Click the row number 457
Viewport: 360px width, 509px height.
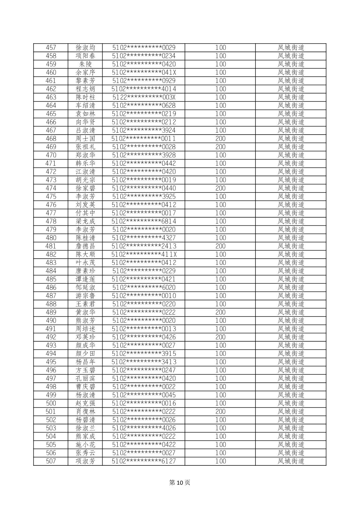click(x=51, y=48)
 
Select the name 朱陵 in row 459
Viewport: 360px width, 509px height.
click(x=85, y=64)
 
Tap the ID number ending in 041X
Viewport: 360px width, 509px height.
click(x=144, y=72)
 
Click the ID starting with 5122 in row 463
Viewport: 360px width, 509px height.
click(x=144, y=97)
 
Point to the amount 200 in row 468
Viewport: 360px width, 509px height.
click(x=220, y=139)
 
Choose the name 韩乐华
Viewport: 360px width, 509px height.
click(x=85, y=163)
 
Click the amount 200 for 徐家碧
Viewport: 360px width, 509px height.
click(x=220, y=188)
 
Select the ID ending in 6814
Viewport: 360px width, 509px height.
click(x=144, y=221)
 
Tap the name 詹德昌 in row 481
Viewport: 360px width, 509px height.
click(x=85, y=246)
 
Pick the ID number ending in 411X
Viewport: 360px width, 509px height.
click(x=144, y=254)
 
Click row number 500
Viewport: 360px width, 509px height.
click(x=51, y=403)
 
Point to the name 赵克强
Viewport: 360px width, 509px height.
click(x=85, y=403)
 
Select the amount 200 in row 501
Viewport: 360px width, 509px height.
click(x=220, y=412)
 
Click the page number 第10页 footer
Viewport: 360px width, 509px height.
click(x=180, y=483)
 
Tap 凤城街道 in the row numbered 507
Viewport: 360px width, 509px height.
click(x=291, y=461)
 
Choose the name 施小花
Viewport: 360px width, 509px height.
click(x=85, y=445)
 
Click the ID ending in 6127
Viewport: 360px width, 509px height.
click(x=144, y=461)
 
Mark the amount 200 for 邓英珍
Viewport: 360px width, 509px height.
click(x=220, y=337)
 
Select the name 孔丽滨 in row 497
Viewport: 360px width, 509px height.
click(x=85, y=378)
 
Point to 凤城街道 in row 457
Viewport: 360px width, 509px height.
click(x=291, y=48)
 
